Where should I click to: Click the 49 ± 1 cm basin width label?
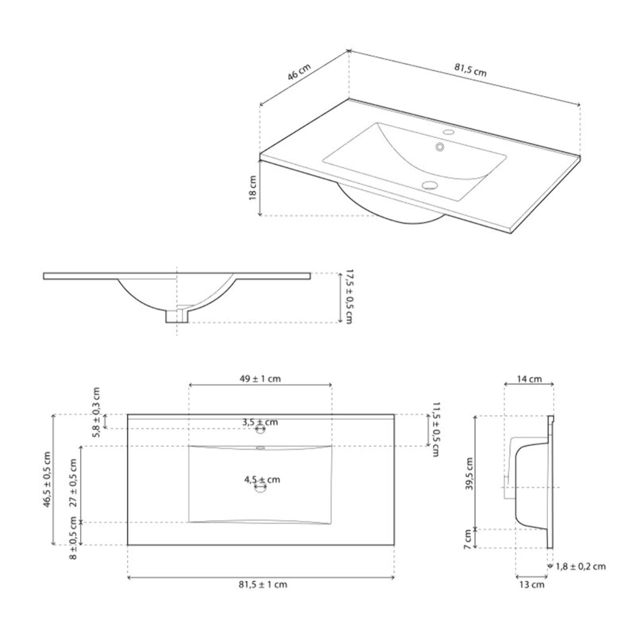[x=260, y=379]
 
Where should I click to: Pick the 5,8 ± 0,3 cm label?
[x=96, y=412]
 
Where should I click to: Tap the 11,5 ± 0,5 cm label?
[x=436, y=429]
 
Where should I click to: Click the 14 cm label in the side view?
[x=529, y=379]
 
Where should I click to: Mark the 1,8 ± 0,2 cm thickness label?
[x=580, y=566]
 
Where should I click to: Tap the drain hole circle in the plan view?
[x=261, y=487]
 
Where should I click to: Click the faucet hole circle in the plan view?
[x=260, y=429]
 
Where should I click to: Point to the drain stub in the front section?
[x=177, y=316]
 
